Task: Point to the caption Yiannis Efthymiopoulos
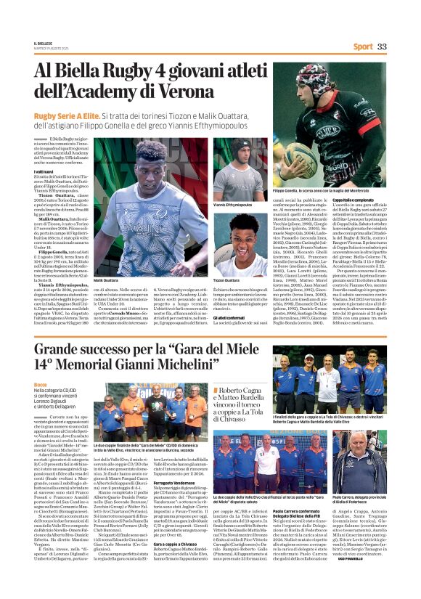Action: tap(233, 205)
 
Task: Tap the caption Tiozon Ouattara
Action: tap(227, 280)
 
